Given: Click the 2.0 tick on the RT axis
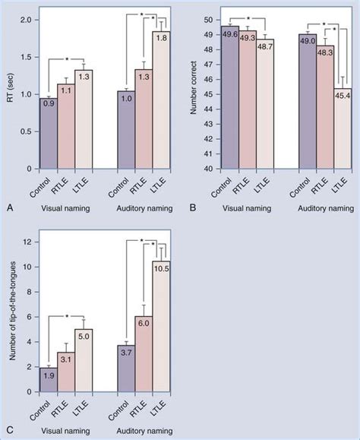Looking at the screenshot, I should [x=25, y=19].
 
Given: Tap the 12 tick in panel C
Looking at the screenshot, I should [x=26, y=242].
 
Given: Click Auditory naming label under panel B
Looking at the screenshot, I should [x=322, y=207].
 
